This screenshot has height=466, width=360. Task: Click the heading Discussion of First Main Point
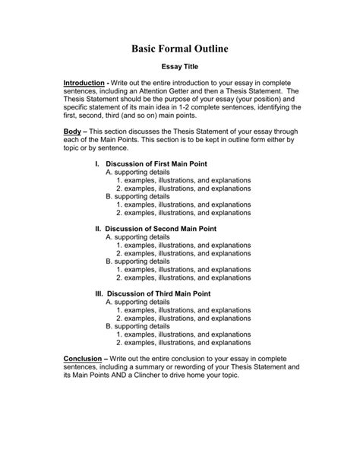coord(156,164)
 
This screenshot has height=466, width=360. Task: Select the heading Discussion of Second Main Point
coord(160,229)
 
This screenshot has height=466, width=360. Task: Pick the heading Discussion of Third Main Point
coord(158,293)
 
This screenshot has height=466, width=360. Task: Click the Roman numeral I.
coord(96,164)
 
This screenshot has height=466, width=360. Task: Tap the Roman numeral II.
coord(97,229)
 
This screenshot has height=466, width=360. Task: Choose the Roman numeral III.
coord(99,293)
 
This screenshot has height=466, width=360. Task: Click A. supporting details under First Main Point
coord(137,173)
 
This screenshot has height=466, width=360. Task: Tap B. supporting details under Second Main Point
coord(137,261)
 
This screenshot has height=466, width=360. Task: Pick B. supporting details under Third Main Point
coord(137,325)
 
